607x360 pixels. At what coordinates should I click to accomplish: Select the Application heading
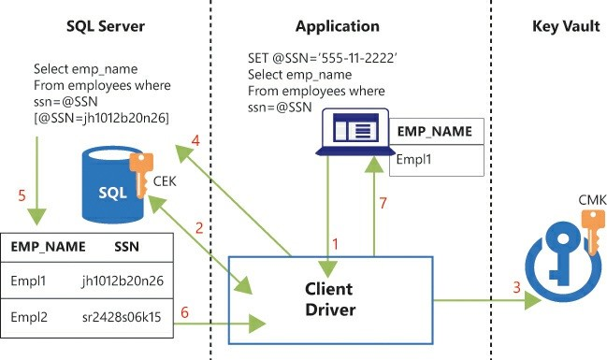tap(338, 26)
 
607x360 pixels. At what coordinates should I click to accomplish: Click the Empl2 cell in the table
tap(30, 318)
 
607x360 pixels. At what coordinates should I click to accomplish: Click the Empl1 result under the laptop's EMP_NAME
tap(414, 159)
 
